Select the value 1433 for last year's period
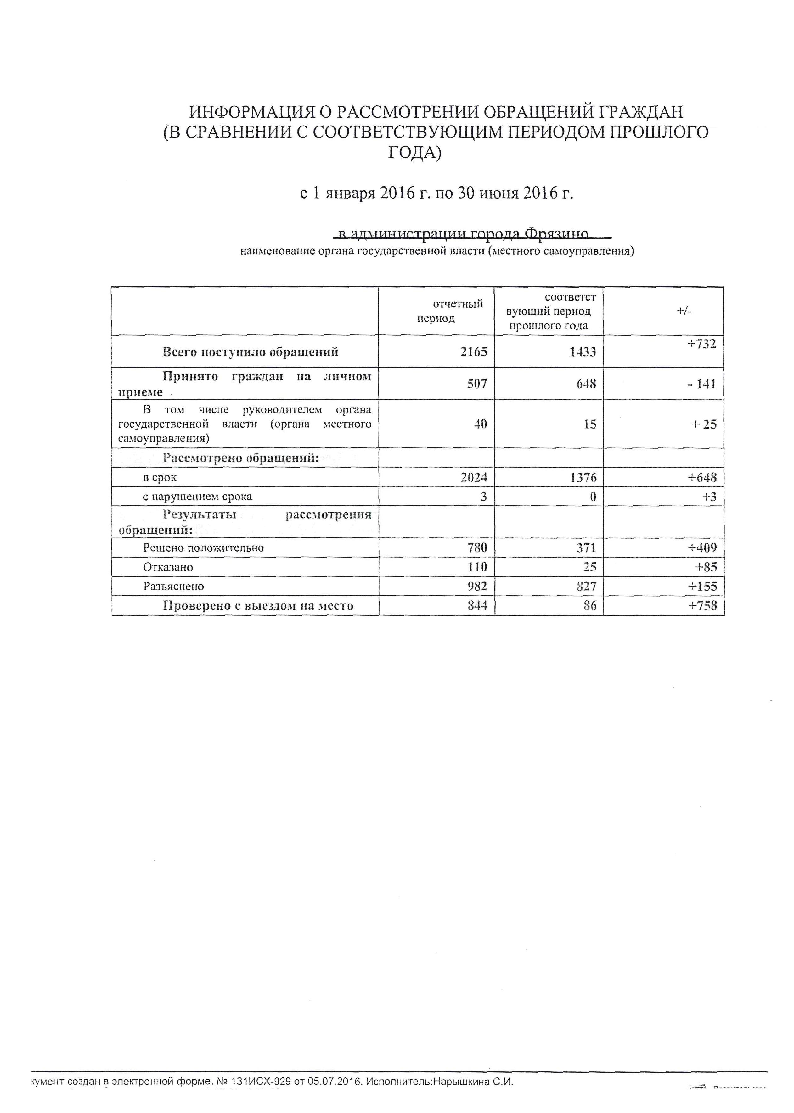[x=583, y=351]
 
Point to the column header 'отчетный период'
[x=436, y=311]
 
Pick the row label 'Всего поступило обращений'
[x=250, y=352]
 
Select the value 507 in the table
[x=477, y=384]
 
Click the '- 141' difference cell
[x=701, y=384]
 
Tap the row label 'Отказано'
[x=168, y=567]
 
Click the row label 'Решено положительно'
[x=203, y=548]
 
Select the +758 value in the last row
[x=702, y=606]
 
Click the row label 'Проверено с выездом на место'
[x=258, y=606]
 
